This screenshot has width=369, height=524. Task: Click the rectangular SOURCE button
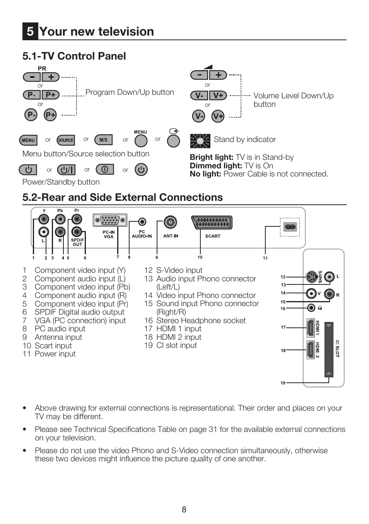click(x=66, y=140)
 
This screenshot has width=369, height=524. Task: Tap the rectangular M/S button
click(x=103, y=140)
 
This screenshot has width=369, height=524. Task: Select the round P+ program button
click(x=50, y=115)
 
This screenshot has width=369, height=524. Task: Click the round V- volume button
click(x=198, y=116)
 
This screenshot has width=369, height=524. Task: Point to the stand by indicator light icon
click(x=200, y=141)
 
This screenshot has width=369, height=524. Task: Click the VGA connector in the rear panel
click(x=110, y=220)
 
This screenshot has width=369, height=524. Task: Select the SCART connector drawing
click(x=212, y=223)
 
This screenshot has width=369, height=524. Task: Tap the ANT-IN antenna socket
click(x=170, y=222)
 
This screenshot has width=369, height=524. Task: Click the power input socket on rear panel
click(x=290, y=227)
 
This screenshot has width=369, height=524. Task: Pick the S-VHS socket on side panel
click(x=311, y=277)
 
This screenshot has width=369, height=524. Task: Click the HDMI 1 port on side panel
click(x=310, y=328)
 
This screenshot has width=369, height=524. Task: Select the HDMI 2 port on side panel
click(x=310, y=350)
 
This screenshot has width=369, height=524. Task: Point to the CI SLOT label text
click(x=337, y=349)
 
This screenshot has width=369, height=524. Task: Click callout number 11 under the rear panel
click(x=265, y=258)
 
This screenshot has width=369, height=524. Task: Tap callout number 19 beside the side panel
click(x=283, y=383)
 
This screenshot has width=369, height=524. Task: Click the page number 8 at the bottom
click(x=184, y=510)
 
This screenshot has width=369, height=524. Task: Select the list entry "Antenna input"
click(x=58, y=337)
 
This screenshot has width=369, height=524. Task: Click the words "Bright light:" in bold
click(x=212, y=157)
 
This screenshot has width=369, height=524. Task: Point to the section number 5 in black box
click(x=30, y=32)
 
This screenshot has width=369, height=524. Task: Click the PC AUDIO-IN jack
click(x=142, y=222)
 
